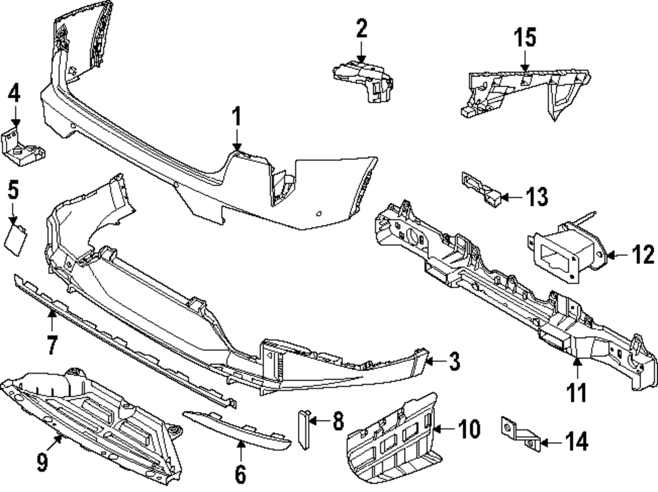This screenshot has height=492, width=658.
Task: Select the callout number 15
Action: (525, 37)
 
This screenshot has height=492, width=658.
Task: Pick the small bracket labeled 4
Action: (23, 145)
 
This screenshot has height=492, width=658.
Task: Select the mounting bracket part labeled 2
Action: (364, 78)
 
